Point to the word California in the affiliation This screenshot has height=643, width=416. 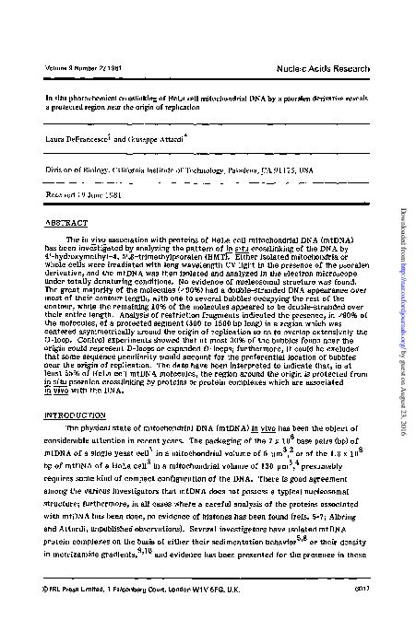(x=104, y=170)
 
